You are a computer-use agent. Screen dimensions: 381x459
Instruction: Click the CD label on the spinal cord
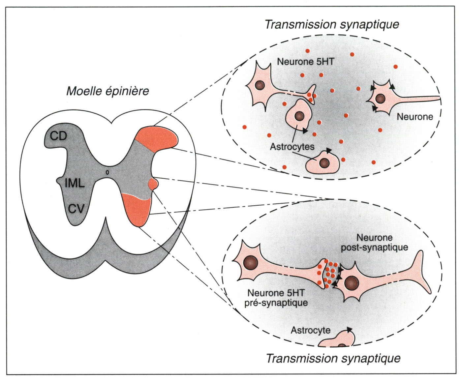(x=59, y=136)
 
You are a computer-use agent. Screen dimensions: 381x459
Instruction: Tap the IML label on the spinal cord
(x=75, y=183)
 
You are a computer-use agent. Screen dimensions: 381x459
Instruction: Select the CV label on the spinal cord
(x=76, y=209)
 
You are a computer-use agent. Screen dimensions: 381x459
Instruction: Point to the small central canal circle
(x=107, y=172)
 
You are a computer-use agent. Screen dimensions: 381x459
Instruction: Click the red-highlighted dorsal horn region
(x=158, y=138)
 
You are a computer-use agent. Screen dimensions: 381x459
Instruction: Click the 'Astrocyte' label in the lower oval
(x=310, y=330)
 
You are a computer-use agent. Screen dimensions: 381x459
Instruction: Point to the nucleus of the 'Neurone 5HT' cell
(x=260, y=85)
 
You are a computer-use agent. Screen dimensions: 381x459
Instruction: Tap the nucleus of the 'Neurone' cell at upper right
(x=380, y=98)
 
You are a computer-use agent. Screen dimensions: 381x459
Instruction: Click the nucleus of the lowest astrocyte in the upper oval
(x=324, y=163)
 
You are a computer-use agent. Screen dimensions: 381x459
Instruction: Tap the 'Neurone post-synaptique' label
(x=375, y=243)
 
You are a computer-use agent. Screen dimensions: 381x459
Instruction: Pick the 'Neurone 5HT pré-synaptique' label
(x=276, y=298)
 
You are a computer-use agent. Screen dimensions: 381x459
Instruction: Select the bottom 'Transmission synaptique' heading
(x=333, y=358)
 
